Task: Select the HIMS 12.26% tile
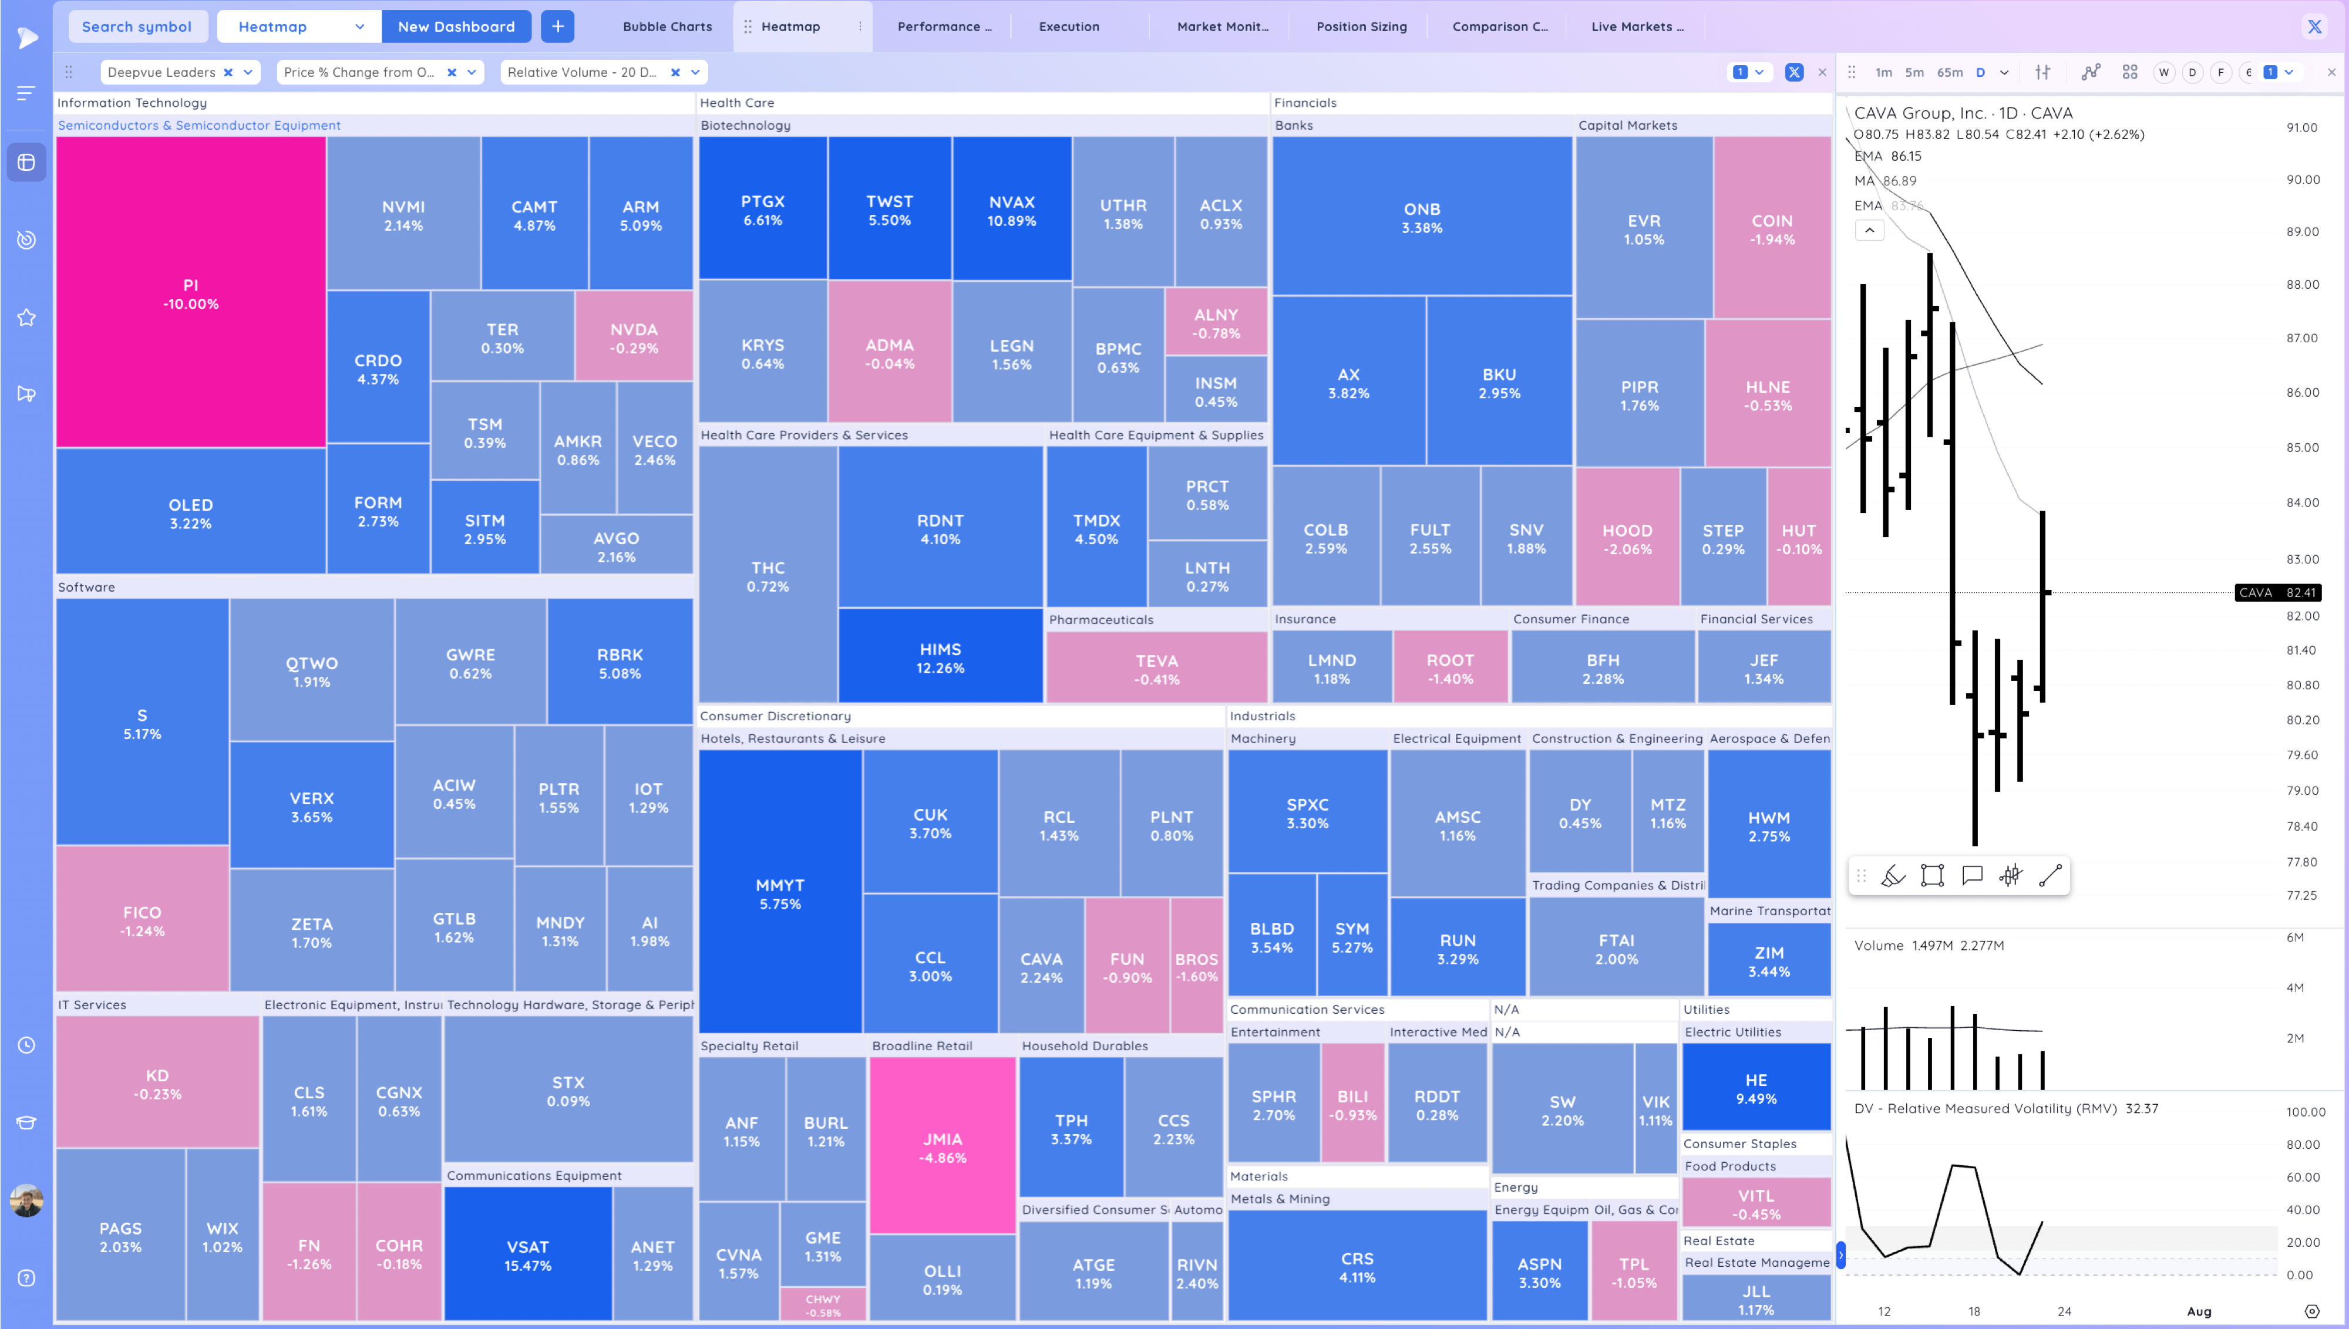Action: click(x=940, y=657)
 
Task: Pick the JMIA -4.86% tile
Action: click(x=942, y=1148)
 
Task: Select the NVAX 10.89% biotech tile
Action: click(x=1012, y=210)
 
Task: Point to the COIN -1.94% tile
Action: click(x=1771, y=229)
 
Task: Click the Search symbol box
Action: click(x=137, y=26)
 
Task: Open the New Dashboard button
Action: click(x=456, y=26)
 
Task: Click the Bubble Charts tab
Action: click(x=667, y=26)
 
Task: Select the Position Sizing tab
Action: click(x=1361, y=26)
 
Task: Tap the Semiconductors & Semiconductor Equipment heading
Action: click(x=199, y=125)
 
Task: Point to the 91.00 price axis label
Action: click(x=2301, y=128)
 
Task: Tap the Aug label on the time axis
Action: click(x=2198, y=1311)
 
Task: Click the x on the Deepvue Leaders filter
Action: click(x=228, y=72)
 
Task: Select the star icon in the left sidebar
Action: click(x=26, y=318)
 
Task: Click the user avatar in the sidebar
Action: click(x=26, y=1200)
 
